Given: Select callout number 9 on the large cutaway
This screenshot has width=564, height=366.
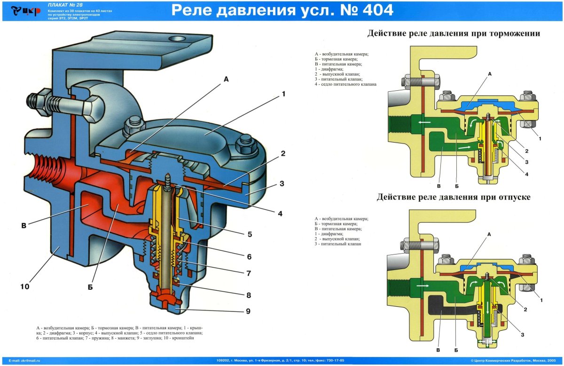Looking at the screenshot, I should pyautogui.click(x=260, y=311).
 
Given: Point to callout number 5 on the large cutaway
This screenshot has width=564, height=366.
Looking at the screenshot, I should pyautogui.click(x=263, y=234).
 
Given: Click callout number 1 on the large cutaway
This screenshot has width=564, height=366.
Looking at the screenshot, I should pyautogui.click(x=283, y=94).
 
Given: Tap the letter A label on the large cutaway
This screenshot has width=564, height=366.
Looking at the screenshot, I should pyautogui.click(x=226, y=80).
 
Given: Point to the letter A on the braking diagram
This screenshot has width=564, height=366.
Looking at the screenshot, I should pyautogui.click(x=490, y=74).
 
